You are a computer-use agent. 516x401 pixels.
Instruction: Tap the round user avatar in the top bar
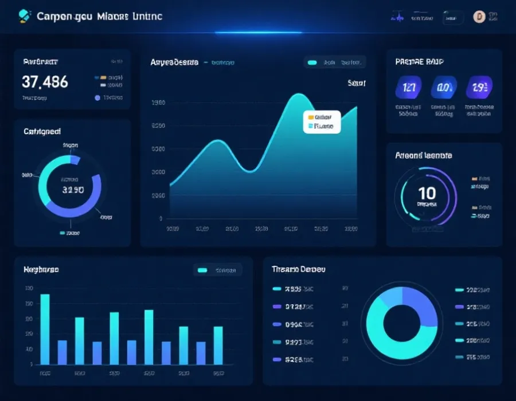coord(479,17)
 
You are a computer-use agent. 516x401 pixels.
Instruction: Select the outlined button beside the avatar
coord(452,17)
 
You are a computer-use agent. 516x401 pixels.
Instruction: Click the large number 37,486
coord(45,82)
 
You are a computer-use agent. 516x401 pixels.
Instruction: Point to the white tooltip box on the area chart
coord(322,121)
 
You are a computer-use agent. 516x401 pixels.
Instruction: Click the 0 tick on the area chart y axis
coord(161,218)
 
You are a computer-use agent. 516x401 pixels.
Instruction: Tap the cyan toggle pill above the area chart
coord(312,62)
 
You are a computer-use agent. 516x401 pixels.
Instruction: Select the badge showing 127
coord(409,88)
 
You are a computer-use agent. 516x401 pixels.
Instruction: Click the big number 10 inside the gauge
coord(427,193)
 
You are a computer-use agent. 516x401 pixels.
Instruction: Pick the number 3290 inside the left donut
coord(73,190)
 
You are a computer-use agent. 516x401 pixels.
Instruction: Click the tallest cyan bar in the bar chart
coord(45,329)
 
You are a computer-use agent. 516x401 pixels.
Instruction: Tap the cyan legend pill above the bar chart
coord(202,270)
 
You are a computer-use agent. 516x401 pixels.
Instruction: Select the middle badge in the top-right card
coord(444,88)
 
